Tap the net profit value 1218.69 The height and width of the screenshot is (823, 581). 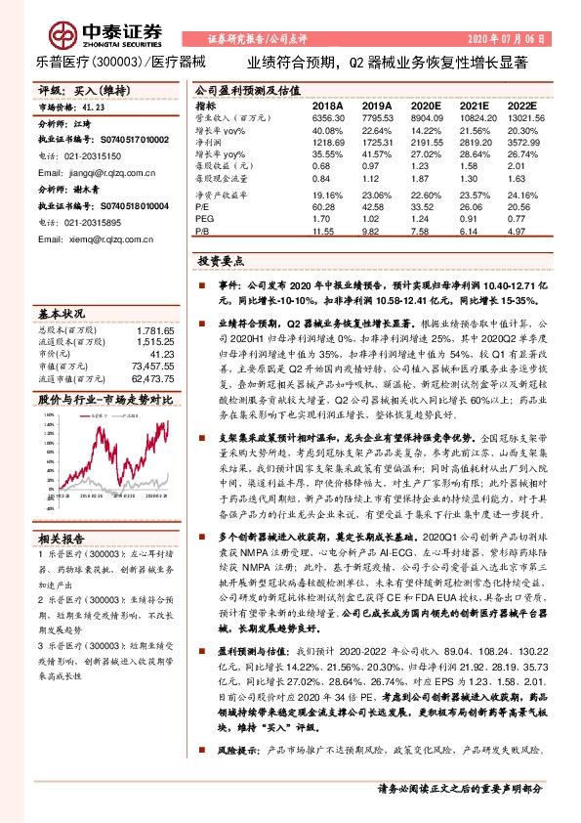[x=327, y=143]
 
